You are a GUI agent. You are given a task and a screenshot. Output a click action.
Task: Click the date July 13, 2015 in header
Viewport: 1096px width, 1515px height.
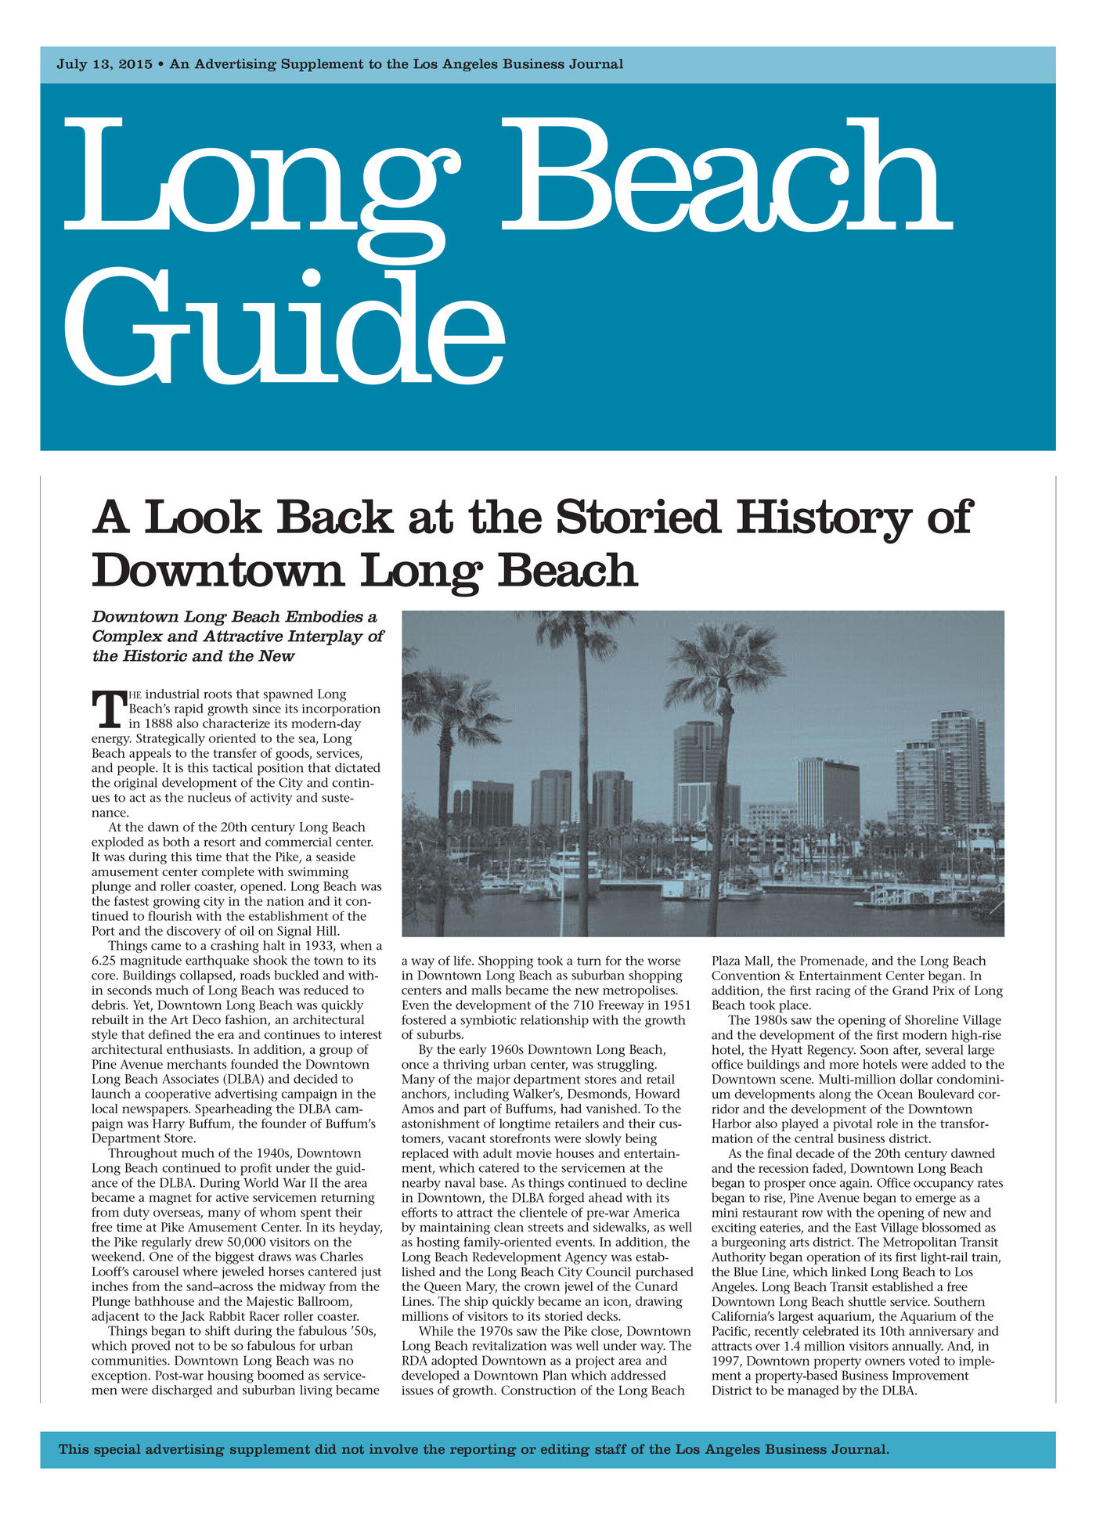tap(104, 64)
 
